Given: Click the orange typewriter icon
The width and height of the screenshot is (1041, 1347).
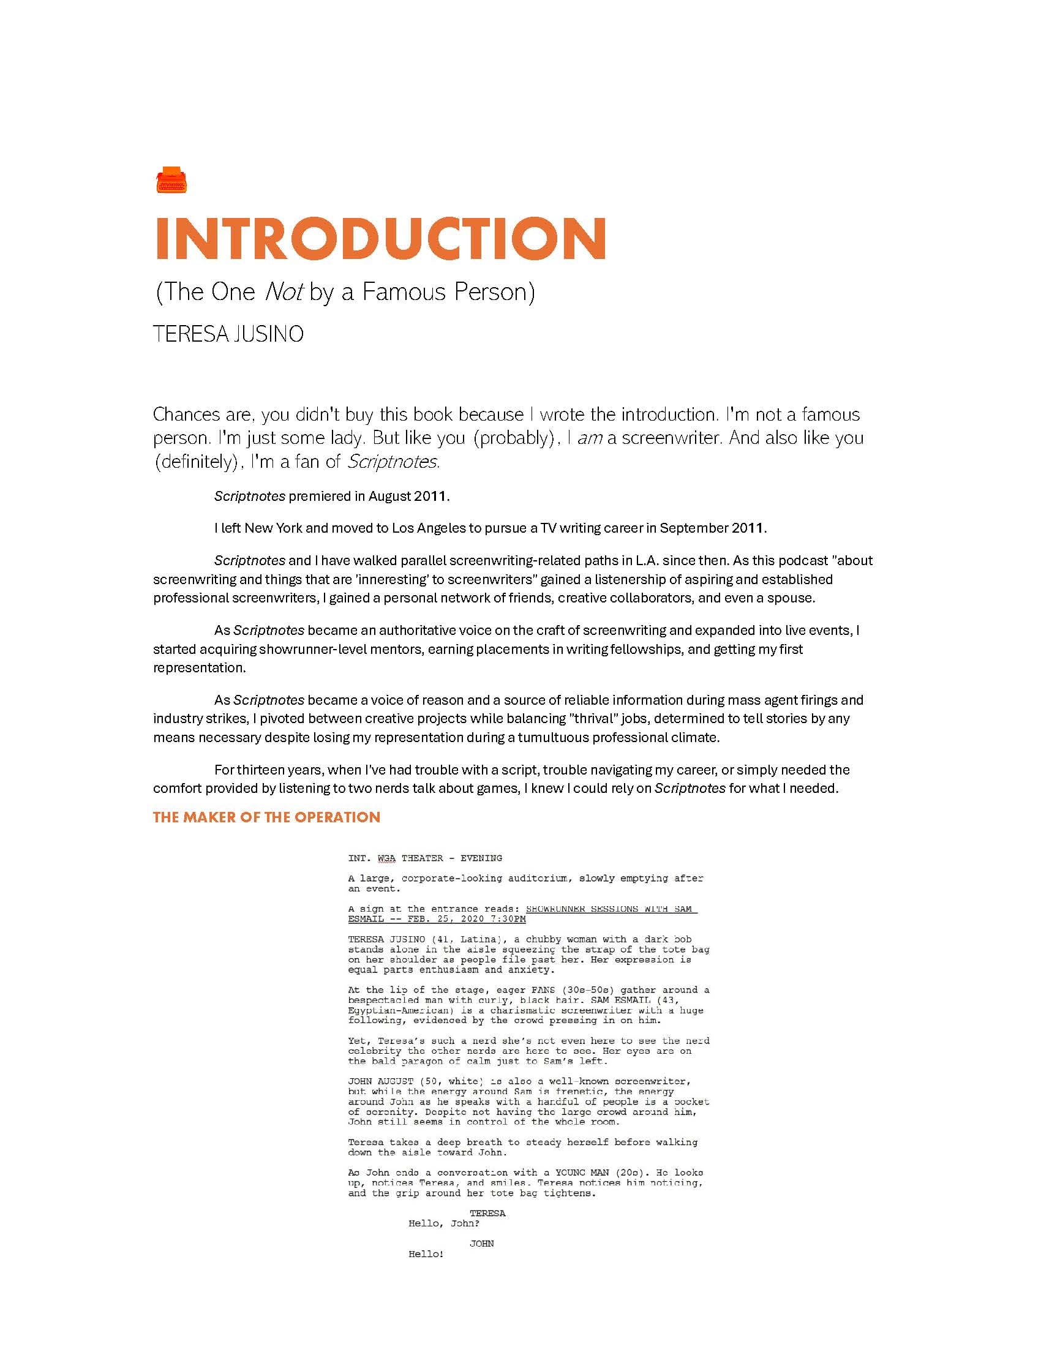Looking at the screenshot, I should (171, 179).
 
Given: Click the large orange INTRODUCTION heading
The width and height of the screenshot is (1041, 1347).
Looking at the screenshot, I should (380, 239).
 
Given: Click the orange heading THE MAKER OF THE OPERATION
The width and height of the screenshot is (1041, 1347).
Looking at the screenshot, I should (266, 817).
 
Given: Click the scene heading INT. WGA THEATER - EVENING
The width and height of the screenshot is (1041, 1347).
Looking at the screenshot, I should (425, 858).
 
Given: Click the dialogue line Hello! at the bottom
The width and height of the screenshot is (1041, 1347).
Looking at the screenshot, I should (426, 1254).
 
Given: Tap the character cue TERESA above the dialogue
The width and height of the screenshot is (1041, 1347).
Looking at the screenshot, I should (487, 1213).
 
